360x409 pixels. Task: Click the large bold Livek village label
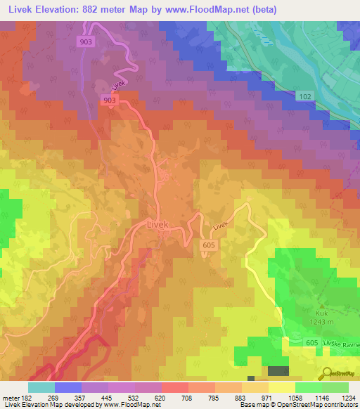pos(160,224)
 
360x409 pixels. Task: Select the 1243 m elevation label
pos(323,323)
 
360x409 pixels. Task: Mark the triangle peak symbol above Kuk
pos(323,306)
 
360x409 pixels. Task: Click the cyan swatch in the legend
pos(41,387)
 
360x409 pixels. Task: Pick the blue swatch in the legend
pos(68,387)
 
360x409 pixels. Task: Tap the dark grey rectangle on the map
pos(278,371)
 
